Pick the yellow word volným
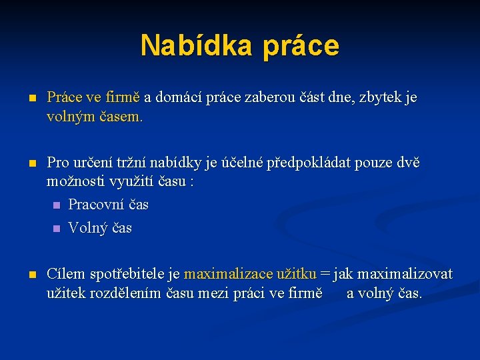(x=71, y=117)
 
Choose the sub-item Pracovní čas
(x=108, y=205)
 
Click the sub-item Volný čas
(x=100, y=228)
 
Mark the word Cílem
(x=67, y=274)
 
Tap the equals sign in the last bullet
(x=325, y=274)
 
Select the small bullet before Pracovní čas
(x=56, y=205)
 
